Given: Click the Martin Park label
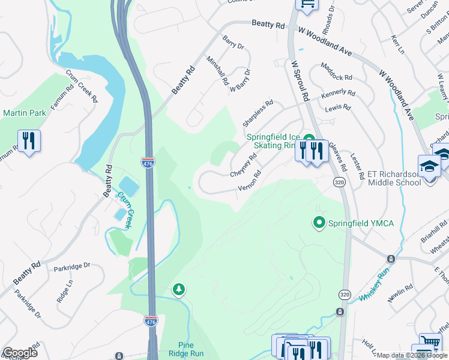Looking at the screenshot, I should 24,112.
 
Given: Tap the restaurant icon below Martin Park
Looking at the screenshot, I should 29,141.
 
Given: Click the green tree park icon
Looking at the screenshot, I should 178,290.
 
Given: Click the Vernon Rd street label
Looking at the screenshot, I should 249,181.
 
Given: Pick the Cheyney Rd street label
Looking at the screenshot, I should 244,165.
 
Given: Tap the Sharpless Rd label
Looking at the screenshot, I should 258,112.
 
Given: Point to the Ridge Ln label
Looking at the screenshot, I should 63,293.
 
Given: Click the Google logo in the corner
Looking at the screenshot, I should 19,353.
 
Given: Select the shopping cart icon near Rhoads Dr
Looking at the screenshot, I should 307,5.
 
